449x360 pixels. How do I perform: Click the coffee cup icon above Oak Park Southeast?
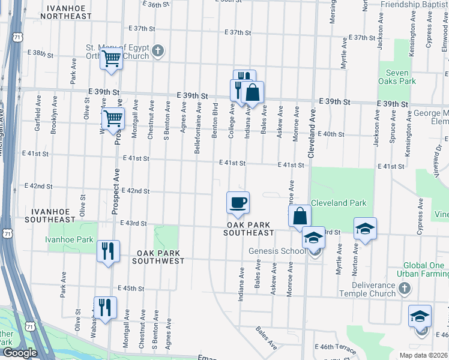click(238, 202)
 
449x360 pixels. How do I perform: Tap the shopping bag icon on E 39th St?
click(253, 92)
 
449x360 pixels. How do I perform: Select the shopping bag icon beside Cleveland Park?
click(300, 216)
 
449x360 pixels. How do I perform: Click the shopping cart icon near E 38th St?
click(111, 59)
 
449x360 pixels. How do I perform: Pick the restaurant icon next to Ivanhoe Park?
click(108, 251)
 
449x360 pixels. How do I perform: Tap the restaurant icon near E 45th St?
click(104, 307)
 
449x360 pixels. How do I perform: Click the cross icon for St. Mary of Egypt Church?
click(158, 50)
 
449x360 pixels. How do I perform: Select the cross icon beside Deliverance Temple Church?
click(403, 289)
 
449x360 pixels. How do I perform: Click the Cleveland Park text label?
click(338, 203)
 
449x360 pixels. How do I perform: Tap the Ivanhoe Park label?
click(69, 240)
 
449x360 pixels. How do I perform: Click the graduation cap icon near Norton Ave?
click(364, 229)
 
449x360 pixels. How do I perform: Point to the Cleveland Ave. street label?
click(312, 133)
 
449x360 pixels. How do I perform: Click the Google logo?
click(20, 353)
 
